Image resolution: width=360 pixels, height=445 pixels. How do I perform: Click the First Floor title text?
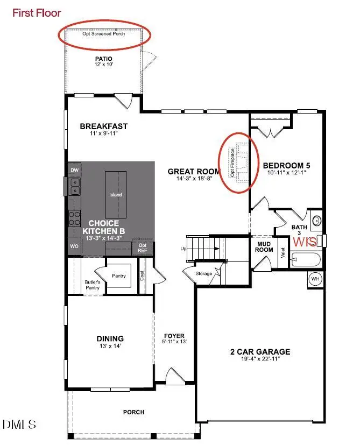37,13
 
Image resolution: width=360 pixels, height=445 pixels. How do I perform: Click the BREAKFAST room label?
104,126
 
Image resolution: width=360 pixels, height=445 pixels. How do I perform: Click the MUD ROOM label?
264,246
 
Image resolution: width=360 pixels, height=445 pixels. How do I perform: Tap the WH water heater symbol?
316,279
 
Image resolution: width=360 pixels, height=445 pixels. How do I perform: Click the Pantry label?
119,276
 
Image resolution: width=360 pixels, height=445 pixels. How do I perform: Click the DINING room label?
110,338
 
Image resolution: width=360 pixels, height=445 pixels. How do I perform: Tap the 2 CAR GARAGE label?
260,352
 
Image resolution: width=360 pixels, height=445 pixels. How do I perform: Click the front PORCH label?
133,412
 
